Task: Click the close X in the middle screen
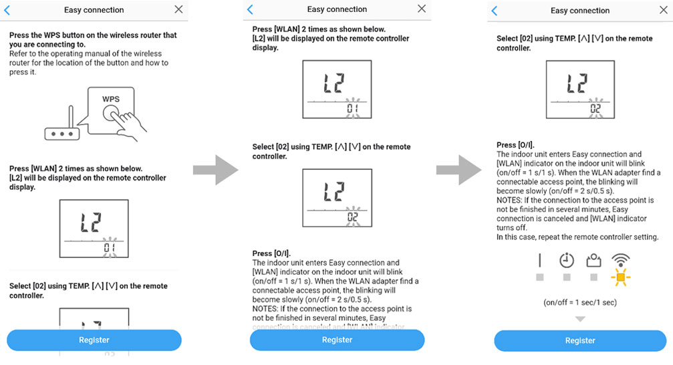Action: pyautogui.click(x=421, y=9)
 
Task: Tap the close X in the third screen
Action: pyautogui.click(x=664, y=10)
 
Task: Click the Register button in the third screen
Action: pyautogui.click(x=580, y=340)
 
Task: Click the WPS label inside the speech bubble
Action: pyautogui.click(x=111, y=99)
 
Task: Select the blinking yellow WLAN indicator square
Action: pyautogui.click(x=620, y=276)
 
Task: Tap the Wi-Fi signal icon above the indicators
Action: pyautogui.click(x=620, y=259)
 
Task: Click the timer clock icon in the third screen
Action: pyautogui.click(x=567, y=260)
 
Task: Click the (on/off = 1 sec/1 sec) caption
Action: pyautogui.click(x=580, y=302)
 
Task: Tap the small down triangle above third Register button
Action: pyautogui.click(x=580, y=320)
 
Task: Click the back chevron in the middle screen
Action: pyautogui.click(x=251, y=9)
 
